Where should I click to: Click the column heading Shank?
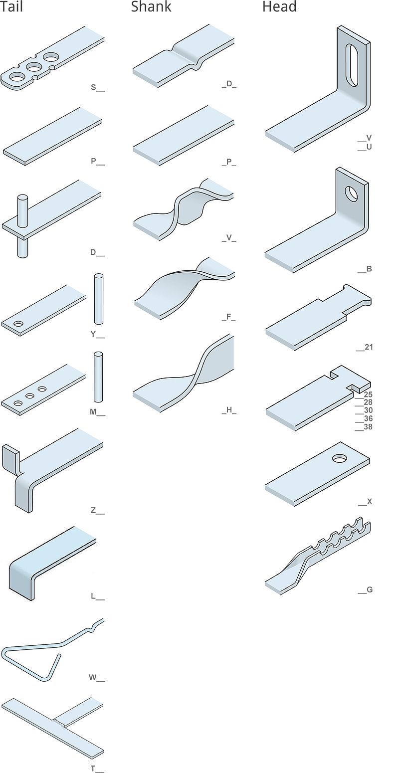coord(151,6)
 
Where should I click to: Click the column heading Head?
coord(279,6)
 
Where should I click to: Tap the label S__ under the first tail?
coord(98,88)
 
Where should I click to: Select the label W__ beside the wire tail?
coord(97,678)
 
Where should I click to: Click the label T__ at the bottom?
coord(97,769)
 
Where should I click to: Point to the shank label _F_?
coord(229,317)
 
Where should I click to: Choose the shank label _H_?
coord(229,410)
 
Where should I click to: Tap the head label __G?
coord(365,590)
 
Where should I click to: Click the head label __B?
coord(365,269)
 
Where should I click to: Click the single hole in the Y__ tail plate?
coord(18,324)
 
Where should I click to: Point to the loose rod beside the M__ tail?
coord(98,377)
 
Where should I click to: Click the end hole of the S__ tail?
coord(16,77)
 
